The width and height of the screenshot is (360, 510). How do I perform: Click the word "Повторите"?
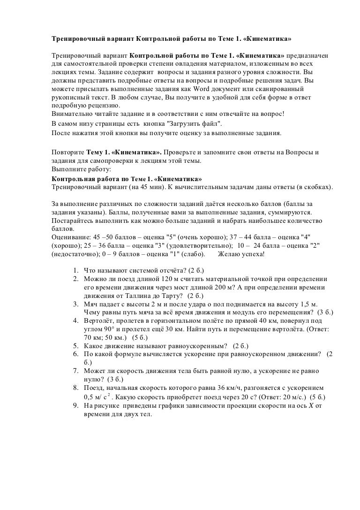click(67, 153)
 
